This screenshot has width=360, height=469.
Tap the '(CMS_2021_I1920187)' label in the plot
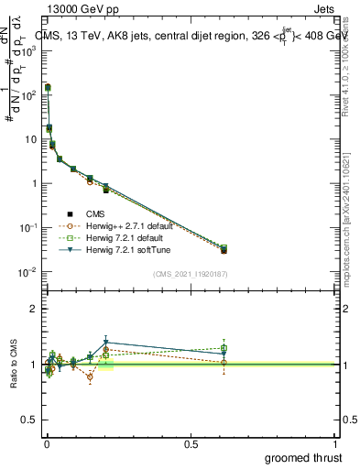[190, 274]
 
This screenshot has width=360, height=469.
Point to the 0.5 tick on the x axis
[191, 443]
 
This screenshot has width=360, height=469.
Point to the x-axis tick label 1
[335, 443]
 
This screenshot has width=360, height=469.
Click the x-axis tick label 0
[47, 443]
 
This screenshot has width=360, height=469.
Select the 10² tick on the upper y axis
[28, 95]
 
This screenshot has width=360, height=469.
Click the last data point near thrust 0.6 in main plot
[224, 249]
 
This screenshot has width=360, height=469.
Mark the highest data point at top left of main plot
[48, 87]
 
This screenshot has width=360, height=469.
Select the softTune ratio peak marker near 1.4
[106, 343]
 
